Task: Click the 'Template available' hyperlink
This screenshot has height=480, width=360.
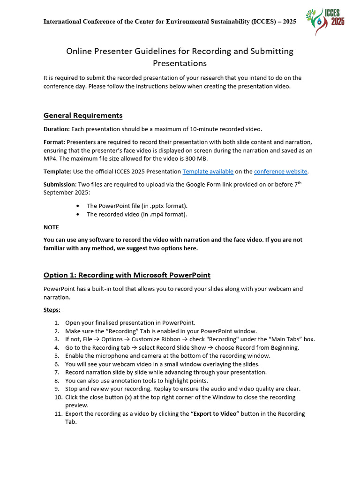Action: click(x=208, y=172)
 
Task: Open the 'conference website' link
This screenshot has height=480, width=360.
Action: click(x=280, y=172)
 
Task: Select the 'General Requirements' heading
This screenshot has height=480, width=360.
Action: click(x=83, y=115)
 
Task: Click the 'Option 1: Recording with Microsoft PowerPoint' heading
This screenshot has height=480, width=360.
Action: click(x=127, y=275)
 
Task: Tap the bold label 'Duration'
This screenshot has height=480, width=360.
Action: click(x=56, y=129)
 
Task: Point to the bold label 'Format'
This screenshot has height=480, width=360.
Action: click(x=53, y=142)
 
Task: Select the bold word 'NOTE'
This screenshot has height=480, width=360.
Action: click(x=51, y=227)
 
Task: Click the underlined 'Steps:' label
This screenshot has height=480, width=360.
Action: click(x=52, y=310)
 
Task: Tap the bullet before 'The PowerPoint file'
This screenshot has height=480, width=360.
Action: click(x=77, y=206)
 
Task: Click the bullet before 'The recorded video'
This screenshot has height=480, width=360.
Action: click(x=77, y=214)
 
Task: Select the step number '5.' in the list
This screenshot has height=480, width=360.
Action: click(x=56, y=356)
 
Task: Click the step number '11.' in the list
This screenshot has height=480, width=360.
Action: click(x=56, y=413)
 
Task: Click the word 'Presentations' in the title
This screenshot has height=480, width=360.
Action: click(x=180, y=63)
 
